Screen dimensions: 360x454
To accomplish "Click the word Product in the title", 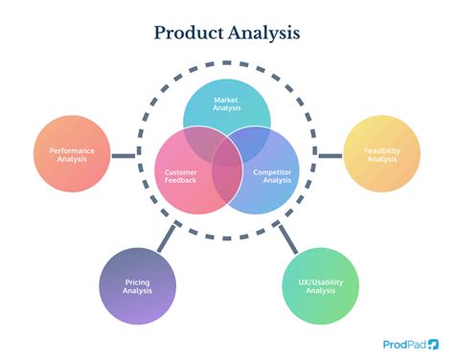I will (x=188, y=33).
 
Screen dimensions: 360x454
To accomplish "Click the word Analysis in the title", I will (x=263, y=33).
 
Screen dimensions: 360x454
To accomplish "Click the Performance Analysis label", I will (x=71, y=153).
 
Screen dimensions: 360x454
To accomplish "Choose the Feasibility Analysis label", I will (x=381, y=153).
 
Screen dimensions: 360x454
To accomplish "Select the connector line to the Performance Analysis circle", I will (x=123, y=154).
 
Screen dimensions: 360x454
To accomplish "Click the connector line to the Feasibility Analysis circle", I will (x=329, y=154).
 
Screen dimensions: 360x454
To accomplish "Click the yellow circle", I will (x=381, y=153).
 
